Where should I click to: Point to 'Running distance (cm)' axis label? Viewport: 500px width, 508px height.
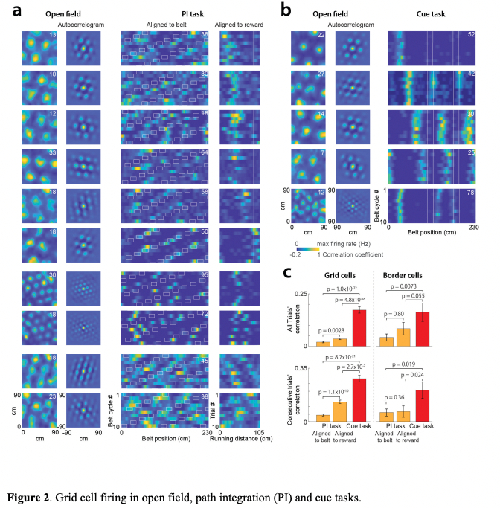click(x=240, y=440)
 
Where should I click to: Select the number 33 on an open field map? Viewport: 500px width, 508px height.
click(x=52, y=155)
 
